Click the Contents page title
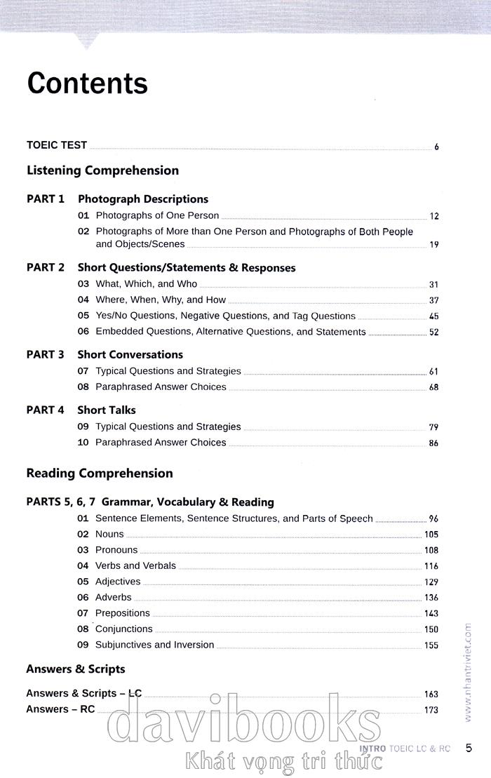pos(88,83)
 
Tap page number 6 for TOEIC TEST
pos(436,147)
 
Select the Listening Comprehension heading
pos(102,170)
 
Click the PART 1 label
pos(46,199)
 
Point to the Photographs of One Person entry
pos(157,215)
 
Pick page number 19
pos(433,245)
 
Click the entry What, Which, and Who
pos(146,284)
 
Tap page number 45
pos(433,316)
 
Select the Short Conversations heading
pos(130,355)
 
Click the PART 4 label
pos(46,410)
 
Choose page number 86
pos(433,443)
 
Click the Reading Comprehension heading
pos(100,474)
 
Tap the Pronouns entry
pos(116,550)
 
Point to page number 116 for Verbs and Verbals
pos(431,566)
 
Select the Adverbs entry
pos(114,598)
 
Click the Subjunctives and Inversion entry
pos(154,645)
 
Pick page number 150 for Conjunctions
pos(431,630)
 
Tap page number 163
pos(431,695)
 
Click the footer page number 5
pos(469,749)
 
